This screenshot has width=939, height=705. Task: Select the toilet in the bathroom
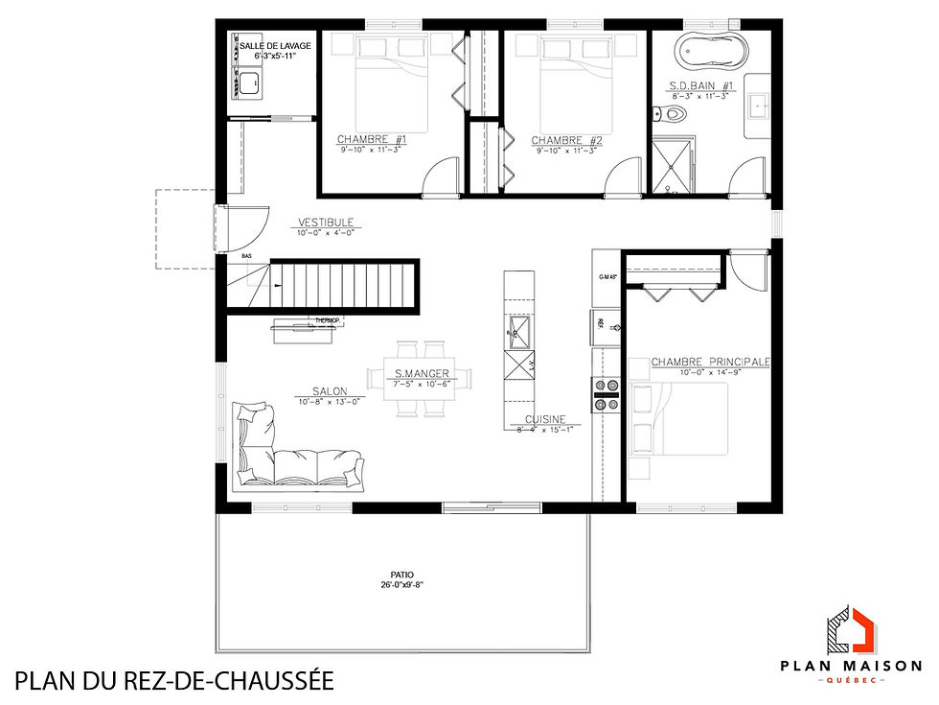675,114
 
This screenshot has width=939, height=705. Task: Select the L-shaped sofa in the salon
287,451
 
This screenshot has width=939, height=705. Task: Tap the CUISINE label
545,420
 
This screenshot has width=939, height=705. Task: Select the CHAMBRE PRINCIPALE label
711,362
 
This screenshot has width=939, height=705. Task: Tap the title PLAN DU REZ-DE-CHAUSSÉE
174,682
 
